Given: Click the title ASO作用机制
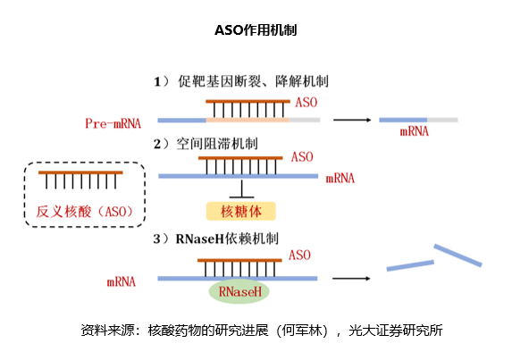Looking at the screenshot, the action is click(256, 30).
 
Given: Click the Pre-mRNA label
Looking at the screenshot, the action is click(113, 123).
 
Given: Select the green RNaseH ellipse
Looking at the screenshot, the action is click(239, 291).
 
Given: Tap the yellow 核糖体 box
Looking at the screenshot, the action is click(241, 211).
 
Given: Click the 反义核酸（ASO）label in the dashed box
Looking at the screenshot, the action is click(85, 212).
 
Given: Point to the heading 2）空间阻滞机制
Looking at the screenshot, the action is click(206, 144).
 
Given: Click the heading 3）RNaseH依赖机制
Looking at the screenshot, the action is click(216, 239).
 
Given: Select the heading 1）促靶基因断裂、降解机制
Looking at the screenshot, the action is click(241, 81).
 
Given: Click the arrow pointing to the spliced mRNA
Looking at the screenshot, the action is click(352, 120).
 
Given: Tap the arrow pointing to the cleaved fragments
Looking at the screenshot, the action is click(351, 279).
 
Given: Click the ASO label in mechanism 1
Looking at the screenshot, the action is click(306, 103).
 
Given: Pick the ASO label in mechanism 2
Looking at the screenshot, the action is click(302, 157).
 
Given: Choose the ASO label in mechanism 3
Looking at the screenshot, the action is click(299, 255).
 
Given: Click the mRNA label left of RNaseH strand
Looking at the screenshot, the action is click(122, 281).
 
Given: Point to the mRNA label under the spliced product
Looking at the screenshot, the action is click(414, 131).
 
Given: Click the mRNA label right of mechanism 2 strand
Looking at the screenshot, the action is click(340, 178).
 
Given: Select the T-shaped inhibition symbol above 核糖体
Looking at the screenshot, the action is click(241, 189).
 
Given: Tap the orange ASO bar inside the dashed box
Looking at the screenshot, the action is click(80, 172).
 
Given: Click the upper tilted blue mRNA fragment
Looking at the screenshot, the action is click(457, 255).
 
